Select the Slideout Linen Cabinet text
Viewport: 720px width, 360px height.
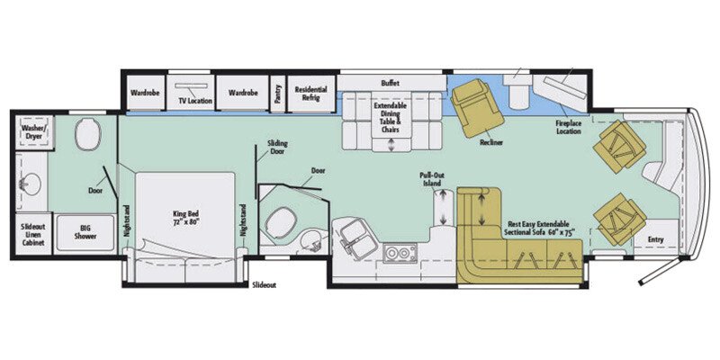pyautogui.click(x=34, y=233)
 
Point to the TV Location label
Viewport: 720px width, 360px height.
pyautogui.click(x=194, y=101)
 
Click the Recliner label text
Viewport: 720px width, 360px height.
pyautogui.click(x=491, y=142)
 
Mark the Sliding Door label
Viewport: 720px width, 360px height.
pyautogui.click(x=277, y=147)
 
